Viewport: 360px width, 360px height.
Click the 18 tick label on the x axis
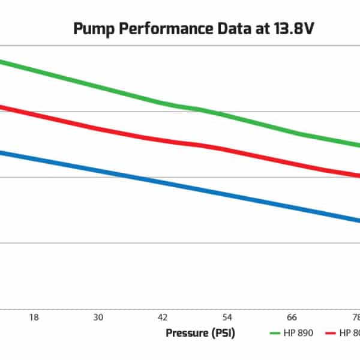[34, 317]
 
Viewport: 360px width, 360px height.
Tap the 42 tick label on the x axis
[162, 317]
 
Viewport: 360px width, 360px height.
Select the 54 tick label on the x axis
[227, 317]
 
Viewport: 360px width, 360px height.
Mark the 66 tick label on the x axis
[292, 317]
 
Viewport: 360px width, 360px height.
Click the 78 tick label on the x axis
[355, 317]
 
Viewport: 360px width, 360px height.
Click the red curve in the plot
[120, 134]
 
